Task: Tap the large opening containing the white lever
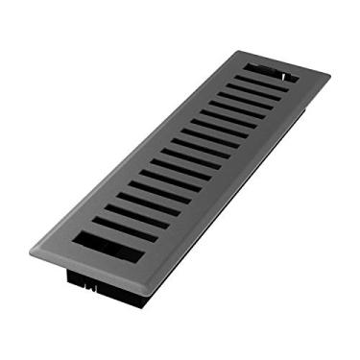click(x=271, y=73)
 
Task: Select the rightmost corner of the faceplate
click(x=329, y=75)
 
